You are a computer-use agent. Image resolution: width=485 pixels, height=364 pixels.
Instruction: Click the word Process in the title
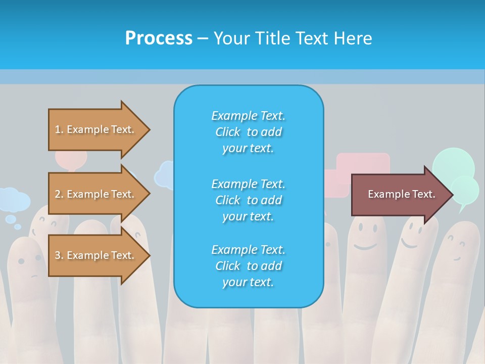pyautogui.click(x=159, y=38)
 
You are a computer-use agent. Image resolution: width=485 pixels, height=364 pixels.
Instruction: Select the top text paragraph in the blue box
pyautogui.click(x=248, y=132)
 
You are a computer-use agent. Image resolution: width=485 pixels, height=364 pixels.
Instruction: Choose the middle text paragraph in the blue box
pyautogui.click(x=248, y=200)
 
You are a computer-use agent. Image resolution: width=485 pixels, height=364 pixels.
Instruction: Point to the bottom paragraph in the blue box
pyautogui.click(x=248, y=266)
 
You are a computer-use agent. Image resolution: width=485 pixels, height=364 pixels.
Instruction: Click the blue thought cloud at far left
pyautogui.click(x=12, y=199)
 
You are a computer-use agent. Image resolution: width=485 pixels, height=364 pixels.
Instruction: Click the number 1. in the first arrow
pyautogui.click(x=59, y=129)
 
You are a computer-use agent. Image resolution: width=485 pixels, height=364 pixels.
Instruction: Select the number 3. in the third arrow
pyautogui.click(x=59, y=255)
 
